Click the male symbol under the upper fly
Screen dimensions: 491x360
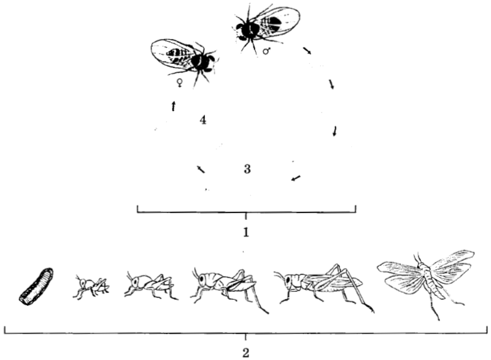pyautogui.click(x=266, y=51)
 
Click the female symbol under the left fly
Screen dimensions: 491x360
pyautogui.click(x=180, y=83)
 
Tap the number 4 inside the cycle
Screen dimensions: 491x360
pyautogui.click(x=203, y=120)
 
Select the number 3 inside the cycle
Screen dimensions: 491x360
pyautogui.click(x=247, y=169)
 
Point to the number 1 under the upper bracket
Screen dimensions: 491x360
pyautogui.click(x=246, y=232)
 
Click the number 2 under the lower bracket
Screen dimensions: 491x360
pyautogui.click(x=246, y=353)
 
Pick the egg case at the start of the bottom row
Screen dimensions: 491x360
pyautogui.click(x=36, y=286)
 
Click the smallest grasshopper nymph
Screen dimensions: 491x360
pyautogui.click(x=91, y=287)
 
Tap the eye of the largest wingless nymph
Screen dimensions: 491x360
pyautogui.click(x=201, y=278)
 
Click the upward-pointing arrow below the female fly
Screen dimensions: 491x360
pyautogui.click(x=173, y=106)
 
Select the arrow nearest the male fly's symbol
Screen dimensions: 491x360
pyautogui.click(x=307, y=51)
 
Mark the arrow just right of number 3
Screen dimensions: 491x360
pyautogui.click(x=296, y=178)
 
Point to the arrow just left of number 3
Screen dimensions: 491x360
pyautogui.click(x=201, y=169)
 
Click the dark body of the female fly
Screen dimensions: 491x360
pyautogui.click(x=201, y=61)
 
